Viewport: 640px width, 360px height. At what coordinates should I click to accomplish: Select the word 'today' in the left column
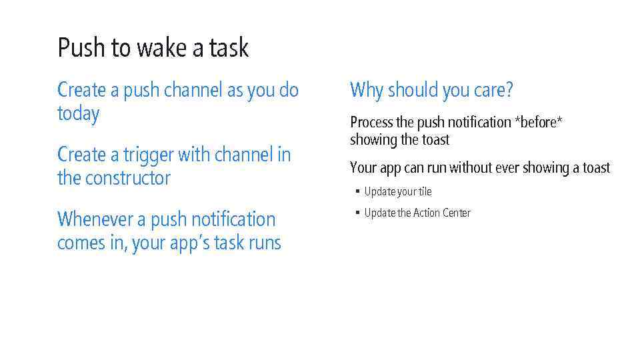click(x=78, y=114)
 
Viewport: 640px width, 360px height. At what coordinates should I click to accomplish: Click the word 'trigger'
click(x=148, y=155)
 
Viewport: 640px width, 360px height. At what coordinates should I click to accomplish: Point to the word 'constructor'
click(x=128, y=178)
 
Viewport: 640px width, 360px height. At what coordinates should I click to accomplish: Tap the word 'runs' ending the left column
click(x=265, y=243)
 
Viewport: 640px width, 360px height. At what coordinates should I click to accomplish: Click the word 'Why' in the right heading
click(x=366, y=90)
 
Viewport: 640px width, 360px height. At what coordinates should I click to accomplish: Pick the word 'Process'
click(x=371, y=123)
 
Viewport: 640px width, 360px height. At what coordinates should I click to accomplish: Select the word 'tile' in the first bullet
click(x=425, y=192)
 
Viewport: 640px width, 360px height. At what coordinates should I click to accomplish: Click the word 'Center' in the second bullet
click(x=456, y=213)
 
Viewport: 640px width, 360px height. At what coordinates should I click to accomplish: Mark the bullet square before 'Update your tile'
click(x=357, y=192)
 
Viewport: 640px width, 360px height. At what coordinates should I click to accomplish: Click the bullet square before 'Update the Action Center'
click(x=357, y=213)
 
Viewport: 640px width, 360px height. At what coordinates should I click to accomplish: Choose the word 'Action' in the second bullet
click(x=426, y=213)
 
